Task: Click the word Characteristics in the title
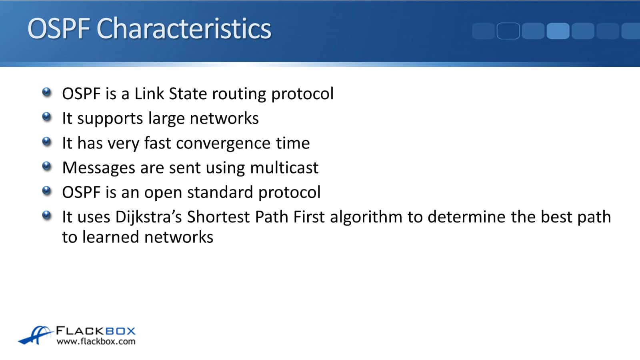coord(184,28)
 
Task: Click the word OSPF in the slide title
coord(58,28)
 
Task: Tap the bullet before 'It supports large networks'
coord(46,117)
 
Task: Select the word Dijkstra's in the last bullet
coord(148,217)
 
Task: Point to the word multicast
coord(284,168)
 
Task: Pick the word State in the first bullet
coord(188,94)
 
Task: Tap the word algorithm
coord(366,217)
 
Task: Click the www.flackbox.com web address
coord(96,342)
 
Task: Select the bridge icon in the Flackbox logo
coord(36,335)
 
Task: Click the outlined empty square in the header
coord(508,31)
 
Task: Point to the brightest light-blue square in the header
coord(558,31)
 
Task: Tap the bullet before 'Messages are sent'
coord(46,166)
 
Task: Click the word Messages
coord(98,168)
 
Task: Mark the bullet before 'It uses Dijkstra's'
coord(46,216)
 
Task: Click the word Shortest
coord(218,217)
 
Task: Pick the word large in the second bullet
coord(166,119)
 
